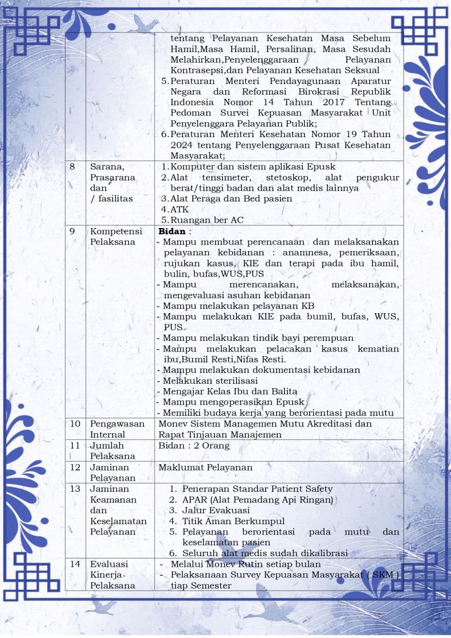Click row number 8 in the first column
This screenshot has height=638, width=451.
(x=72, y=166)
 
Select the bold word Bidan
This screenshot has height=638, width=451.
(x=172, y=231)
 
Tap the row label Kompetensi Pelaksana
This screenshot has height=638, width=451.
(x=113, y=237)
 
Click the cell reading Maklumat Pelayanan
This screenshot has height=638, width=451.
(x=206, y=467)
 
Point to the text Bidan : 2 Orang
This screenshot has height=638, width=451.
(x=194, y=446)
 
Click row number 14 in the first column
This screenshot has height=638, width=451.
(x=75, y=564)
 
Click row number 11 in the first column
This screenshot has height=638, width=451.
(x=75, y=446)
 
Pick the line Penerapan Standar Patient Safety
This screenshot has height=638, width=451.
(x=257, y=489)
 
